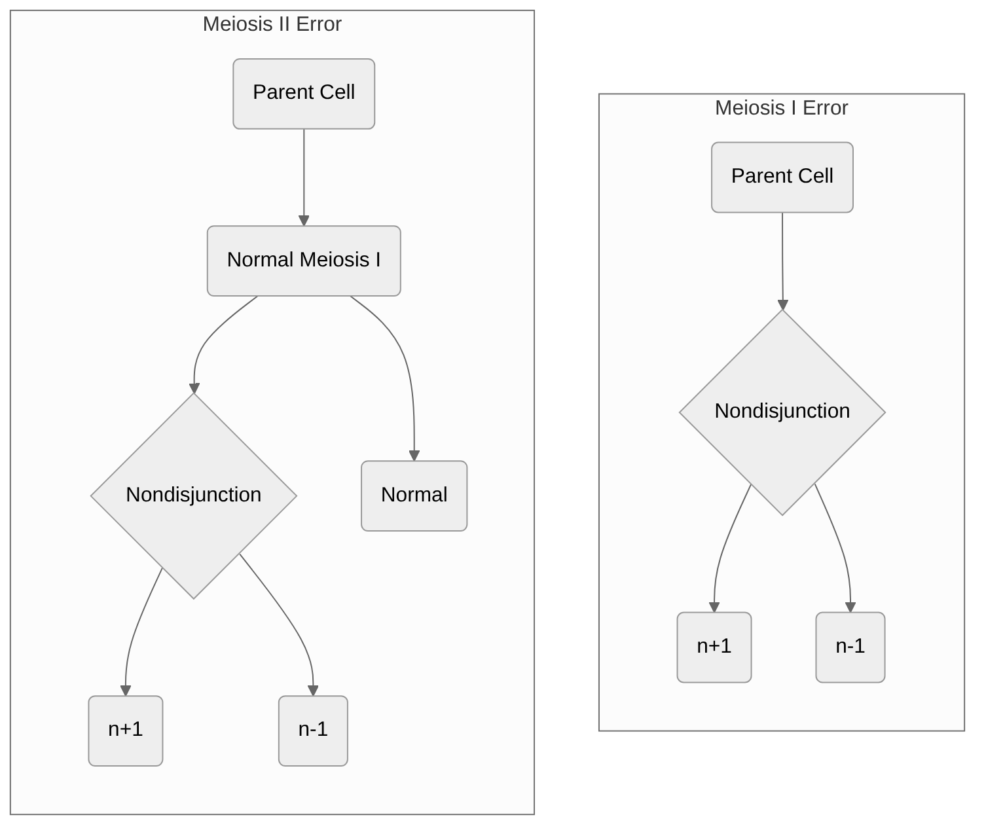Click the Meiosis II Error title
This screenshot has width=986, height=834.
pos(272,24)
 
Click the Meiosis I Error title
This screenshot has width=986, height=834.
pos(781,108)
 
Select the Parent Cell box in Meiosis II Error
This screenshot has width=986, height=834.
pos(304,94)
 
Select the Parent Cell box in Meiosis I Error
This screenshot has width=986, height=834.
pos(782,177)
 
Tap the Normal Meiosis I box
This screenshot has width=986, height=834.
pos(304,261)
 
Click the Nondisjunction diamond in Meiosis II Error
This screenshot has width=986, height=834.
pos(194,496)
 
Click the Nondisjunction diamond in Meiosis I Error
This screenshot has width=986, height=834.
pos(782,412)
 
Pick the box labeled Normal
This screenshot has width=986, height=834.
pos(414,496)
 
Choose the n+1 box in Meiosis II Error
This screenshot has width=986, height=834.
pos(126,731)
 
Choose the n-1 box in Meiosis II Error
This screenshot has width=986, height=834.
pos(313,731)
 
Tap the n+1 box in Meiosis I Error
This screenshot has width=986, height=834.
pos(714,647)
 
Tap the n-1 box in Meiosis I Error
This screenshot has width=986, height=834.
pos(850,647)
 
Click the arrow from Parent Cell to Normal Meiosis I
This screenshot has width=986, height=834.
pos(304,177)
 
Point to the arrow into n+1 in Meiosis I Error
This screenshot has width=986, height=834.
pos(723,550)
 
